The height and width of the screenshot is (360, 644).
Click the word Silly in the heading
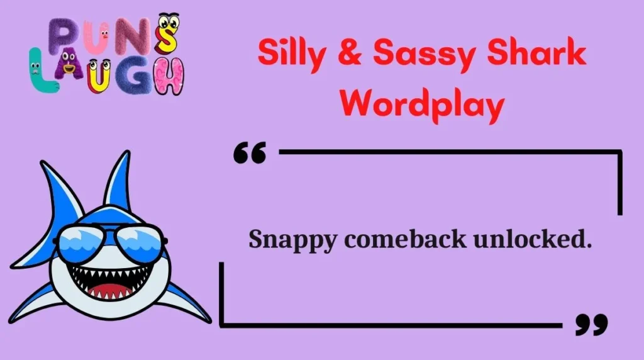291,53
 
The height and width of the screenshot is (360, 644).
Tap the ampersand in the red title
351,54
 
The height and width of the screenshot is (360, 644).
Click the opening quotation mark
250,153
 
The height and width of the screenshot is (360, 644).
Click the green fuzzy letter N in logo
133,38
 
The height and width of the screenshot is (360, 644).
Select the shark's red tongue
110,291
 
